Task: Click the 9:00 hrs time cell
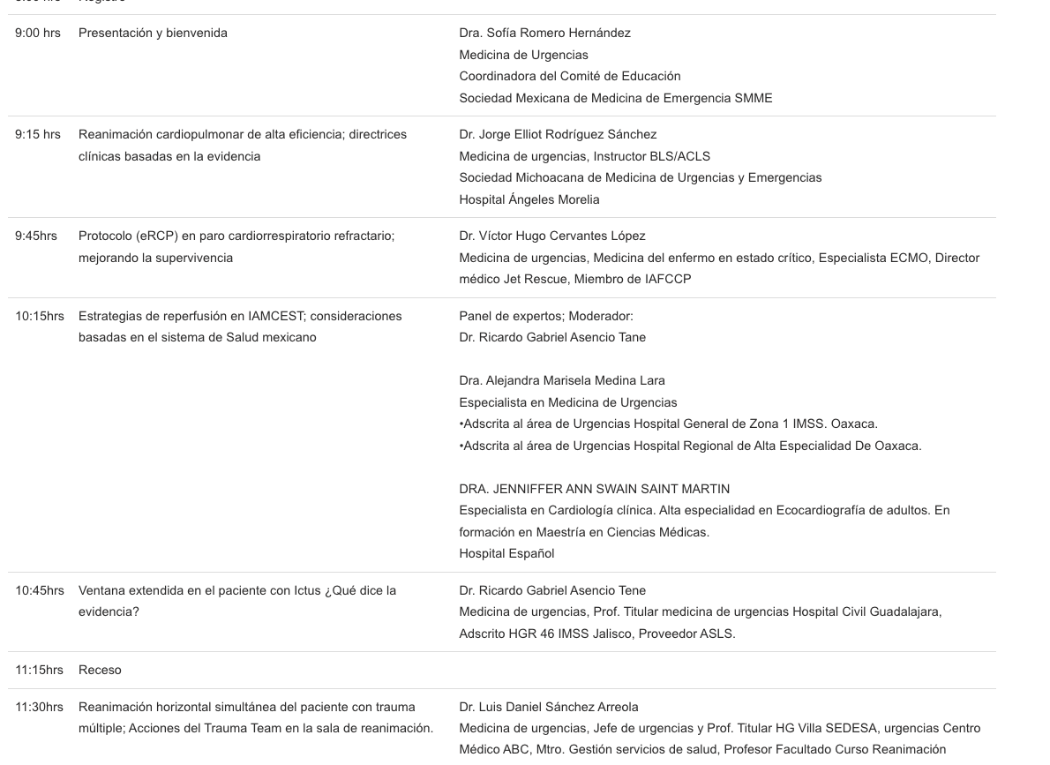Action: click(x=38, y=34)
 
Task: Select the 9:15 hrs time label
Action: click(x=38, y=135)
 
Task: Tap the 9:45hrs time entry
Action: click(x=36, y=236)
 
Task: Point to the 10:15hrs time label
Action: click(x=40, y=316)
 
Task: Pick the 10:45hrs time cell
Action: click(x=40, y=590)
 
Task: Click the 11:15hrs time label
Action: click(x=40, y=671)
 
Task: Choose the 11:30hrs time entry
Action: click(x=40, y=708)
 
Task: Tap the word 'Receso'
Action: click(x=100, y=671)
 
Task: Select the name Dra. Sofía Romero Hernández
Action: click(x=544, y=34)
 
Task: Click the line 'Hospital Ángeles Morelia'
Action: click(x=529, y=199)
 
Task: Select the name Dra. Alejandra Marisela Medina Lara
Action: click(x=562, y=381)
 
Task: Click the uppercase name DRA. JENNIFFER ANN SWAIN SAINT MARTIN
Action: click(x=594, y=490)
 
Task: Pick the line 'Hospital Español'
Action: click(x=506, y=554)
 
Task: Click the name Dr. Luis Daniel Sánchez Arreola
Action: click(x=548, y=708)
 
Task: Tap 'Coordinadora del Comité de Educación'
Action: click(x=569, y=77)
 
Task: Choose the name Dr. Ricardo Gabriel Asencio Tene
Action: click(x=552, y=590)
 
